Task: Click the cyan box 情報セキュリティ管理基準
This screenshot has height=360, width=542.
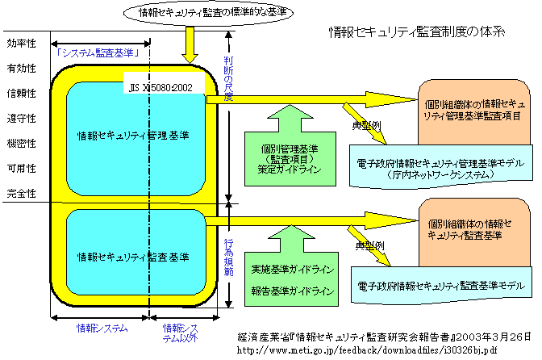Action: tap(134, 136)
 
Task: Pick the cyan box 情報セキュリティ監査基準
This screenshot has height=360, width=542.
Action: tap(134, 257)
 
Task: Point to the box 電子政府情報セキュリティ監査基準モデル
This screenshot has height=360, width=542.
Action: tap(444, 286)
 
